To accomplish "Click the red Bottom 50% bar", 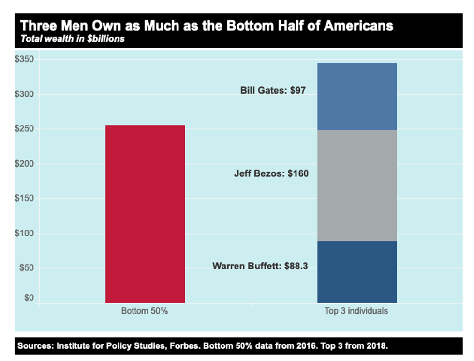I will coord(145,214).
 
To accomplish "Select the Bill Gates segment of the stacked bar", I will coord(357,96).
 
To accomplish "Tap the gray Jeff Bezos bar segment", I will coord(357,185).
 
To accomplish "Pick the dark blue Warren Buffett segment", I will coord(357,272).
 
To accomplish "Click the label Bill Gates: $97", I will coord(273,90).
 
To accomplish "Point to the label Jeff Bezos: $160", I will coord(271,173).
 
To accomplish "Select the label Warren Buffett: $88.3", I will coord(260,266).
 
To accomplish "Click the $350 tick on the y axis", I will coord(24,60).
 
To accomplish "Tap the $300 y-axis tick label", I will coord(24,94).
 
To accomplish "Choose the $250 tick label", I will coord(24,129).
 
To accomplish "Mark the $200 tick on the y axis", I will coord(24,164).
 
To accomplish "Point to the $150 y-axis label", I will coord(24,199).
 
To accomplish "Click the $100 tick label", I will coord(24,234).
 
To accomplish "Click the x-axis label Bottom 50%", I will coord(145,311).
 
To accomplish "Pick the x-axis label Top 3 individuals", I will coord(356,311).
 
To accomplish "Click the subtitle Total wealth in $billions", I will coord(72,39).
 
